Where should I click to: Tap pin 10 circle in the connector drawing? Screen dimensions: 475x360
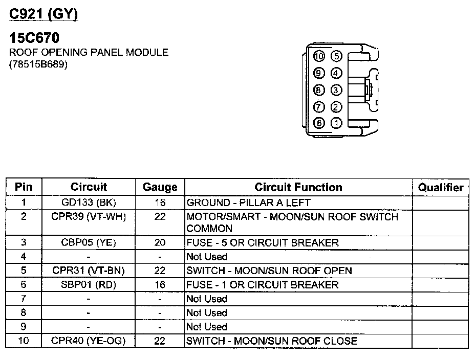coord(320,56)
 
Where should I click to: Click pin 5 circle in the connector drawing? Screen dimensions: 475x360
coord(336,56)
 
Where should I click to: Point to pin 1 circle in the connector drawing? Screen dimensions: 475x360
coord(336,123)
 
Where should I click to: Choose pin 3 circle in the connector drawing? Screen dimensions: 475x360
coord(336,90)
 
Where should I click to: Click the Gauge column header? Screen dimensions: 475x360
coord(160,187)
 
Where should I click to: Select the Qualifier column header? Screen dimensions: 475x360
coord(440,187)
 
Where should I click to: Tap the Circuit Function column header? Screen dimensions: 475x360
coord(298,187)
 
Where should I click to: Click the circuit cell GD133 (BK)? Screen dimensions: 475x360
coord(89,202)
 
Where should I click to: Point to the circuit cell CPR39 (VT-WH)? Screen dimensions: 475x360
coord(89,217)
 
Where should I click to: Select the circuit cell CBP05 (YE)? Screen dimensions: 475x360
coord(89,242)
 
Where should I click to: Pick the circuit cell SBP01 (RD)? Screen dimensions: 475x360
coord(89,284)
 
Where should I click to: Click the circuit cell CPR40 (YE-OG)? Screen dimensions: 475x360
coord(89,341)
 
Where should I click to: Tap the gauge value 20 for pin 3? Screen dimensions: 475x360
coord(160,242)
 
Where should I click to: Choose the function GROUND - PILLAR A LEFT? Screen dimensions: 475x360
coord(249,202)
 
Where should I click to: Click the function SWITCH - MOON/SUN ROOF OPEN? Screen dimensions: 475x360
coord(269,271)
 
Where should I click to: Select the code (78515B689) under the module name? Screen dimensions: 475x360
coord(38,65)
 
